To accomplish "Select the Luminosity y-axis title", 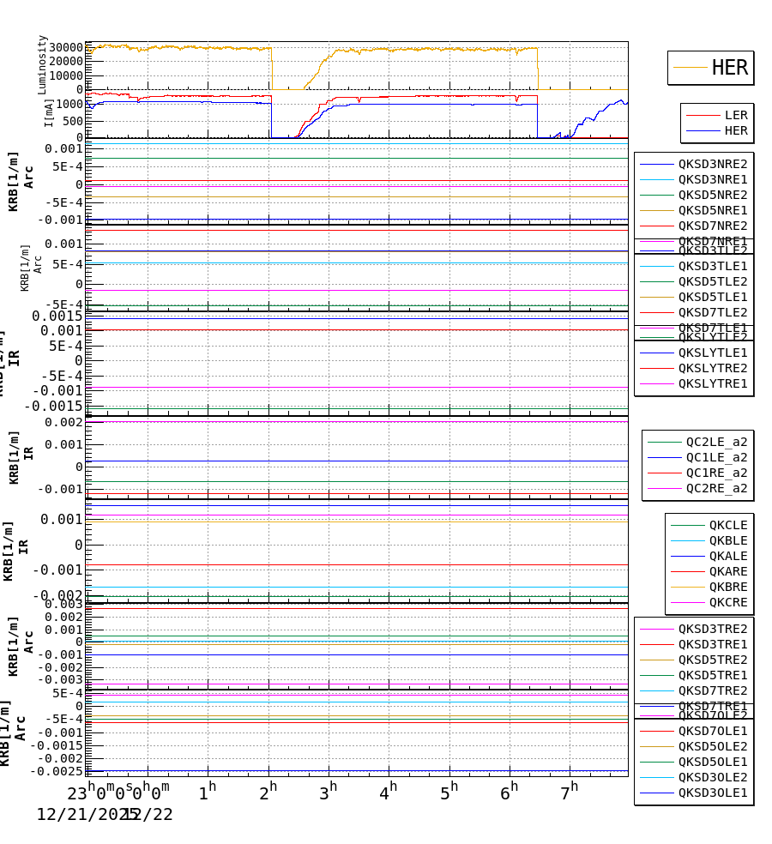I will coord(42,64).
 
